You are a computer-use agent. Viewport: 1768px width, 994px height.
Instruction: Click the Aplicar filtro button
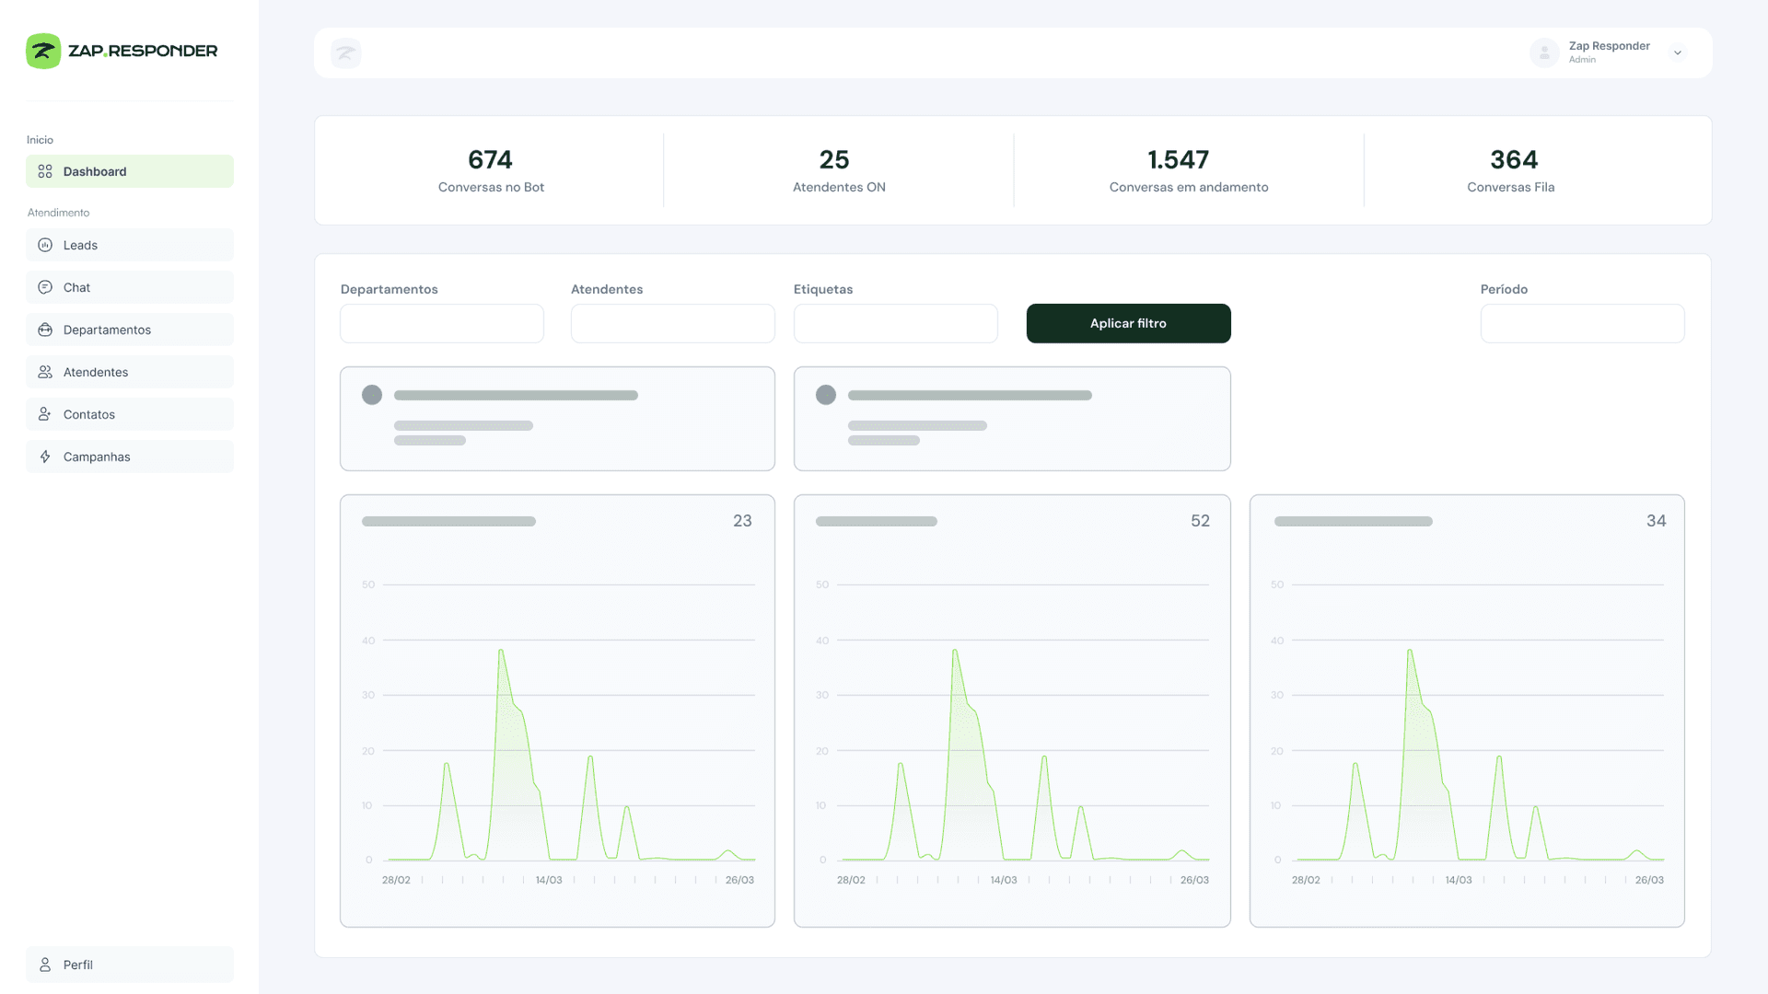tap(1128, 323)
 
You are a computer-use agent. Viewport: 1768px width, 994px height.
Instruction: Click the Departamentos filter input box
tap(442, 324)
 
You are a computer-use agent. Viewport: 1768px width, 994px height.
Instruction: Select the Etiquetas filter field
tap(895, 324)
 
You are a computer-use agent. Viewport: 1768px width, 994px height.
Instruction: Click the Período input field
tap(1582, 324)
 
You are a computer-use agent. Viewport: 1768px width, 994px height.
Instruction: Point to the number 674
tap(490, 160)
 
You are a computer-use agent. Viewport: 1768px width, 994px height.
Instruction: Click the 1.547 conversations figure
tap(1178, 160)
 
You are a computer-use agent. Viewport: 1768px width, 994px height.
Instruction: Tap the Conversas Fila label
tap(1510, 188)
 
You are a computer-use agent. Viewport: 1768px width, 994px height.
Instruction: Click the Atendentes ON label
tap(839, 188)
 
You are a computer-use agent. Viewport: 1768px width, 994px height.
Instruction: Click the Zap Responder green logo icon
tap(43, 51)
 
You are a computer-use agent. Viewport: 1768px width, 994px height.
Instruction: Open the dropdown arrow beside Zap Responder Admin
tap(1678, 53)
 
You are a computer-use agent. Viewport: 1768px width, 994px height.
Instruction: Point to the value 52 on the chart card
tap(1200, 521)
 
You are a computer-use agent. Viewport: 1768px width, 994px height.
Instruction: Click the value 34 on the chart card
tap(1656, 521)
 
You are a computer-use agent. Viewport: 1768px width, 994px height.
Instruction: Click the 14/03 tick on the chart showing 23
tap(549, 881)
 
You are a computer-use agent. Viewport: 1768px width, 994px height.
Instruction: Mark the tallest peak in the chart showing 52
tap(955, 652)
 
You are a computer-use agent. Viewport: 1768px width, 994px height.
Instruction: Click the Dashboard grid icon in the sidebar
tap(45, 171)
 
